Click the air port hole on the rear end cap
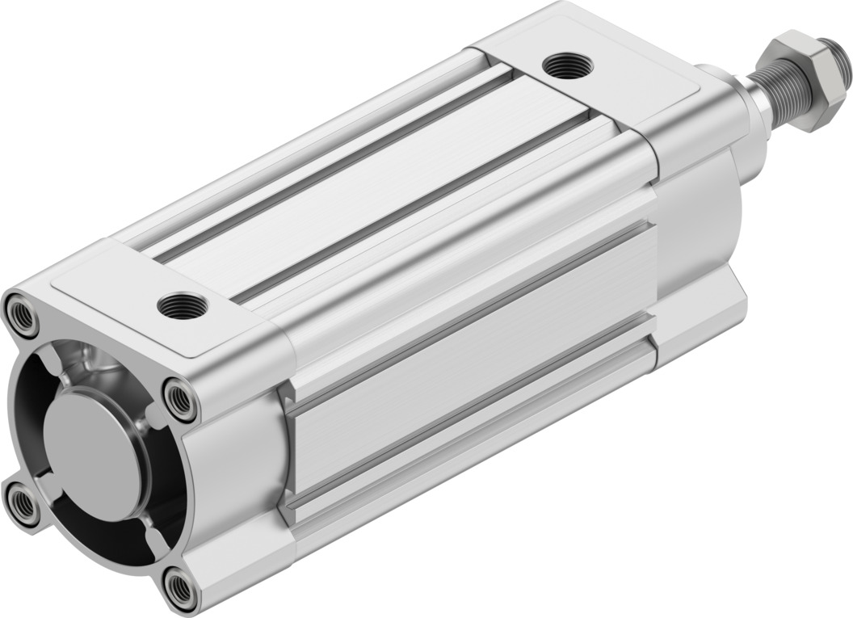pos(183,306)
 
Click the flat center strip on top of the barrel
pos(372,186)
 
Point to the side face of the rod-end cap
pos(699,242)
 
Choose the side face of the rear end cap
pos(234,469)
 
